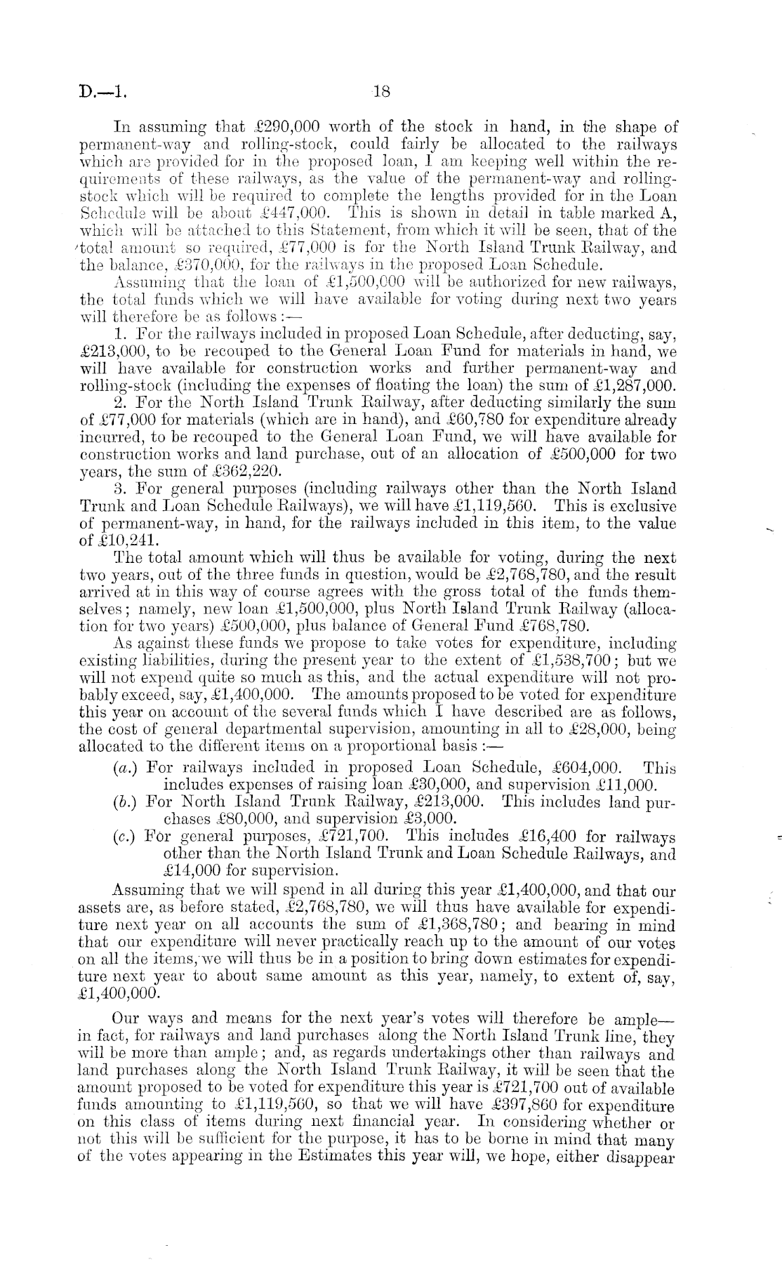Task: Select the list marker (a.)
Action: click(125, 769)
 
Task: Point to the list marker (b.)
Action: click(125, 802)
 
